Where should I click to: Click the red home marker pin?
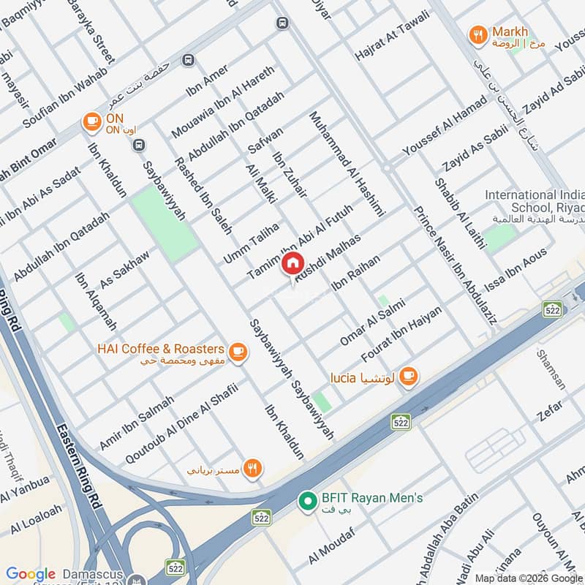coord(292,263)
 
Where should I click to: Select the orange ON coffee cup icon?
coord(91,121)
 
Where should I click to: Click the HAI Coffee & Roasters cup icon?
coord(237,352)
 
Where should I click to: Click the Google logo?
coord(31,574)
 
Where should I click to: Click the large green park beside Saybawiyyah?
coord(164,222)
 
